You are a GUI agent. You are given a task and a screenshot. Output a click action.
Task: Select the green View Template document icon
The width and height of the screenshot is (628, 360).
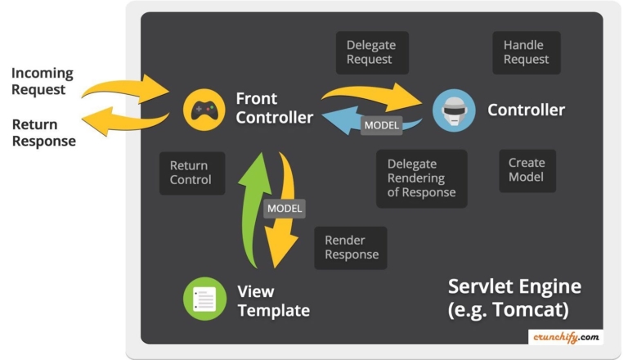[x=204, y=299]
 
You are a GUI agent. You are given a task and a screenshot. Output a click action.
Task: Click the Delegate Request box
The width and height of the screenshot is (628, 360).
[x=371, y=52]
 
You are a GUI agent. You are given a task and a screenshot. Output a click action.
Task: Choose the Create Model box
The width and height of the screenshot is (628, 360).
[x=527, y=170]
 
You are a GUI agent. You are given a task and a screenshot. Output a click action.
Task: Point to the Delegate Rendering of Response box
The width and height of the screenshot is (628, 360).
[x=421, y=178]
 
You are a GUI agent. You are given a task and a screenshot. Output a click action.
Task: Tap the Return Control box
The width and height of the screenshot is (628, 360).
[x=191, y=173]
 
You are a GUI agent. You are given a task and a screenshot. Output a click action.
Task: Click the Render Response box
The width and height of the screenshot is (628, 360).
[x=351, y=247]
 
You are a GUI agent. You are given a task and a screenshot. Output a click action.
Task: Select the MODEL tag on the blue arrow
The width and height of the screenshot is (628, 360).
[x=381, y=125]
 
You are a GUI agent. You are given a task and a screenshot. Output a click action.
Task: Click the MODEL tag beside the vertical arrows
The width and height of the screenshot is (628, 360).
[x=284, y=209]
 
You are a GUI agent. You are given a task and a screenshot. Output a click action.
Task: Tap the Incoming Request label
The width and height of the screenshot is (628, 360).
[x=42, y=81]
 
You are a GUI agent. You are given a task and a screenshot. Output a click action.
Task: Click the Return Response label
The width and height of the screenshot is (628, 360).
[x=43, y=133]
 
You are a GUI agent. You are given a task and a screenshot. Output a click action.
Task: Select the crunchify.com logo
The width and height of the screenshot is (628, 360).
[x=567, y=335]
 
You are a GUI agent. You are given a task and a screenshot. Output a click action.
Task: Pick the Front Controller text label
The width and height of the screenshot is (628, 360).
[x=274, y=108]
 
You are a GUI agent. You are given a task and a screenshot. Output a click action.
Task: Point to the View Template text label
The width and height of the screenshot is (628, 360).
[x=272, y=300]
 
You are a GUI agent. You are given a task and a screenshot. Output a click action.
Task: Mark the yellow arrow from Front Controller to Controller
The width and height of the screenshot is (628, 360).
[x=372, y=91]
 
